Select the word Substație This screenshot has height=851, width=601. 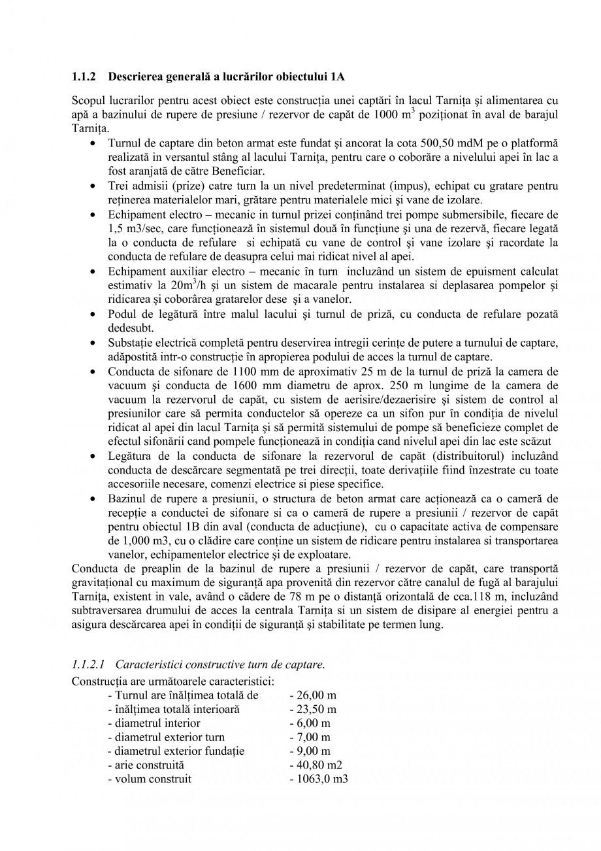coord(130,343)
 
